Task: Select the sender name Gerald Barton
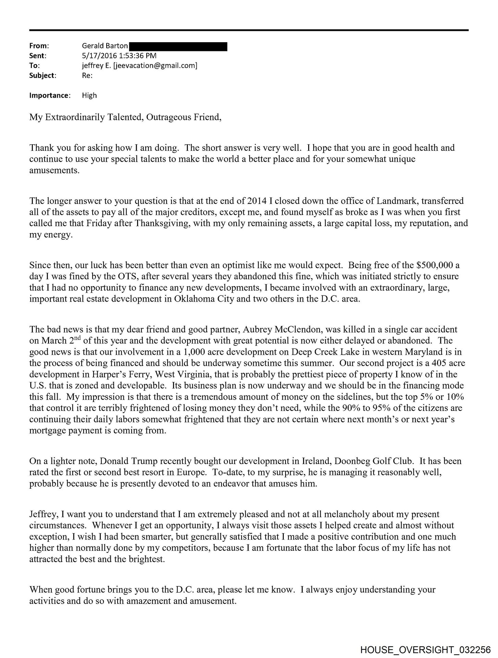pyautogui.click(x=105, y=46)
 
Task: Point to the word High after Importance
pyautogui.click(x=89, y=96)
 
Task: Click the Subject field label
pyautogui.click(x=42, y=76)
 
